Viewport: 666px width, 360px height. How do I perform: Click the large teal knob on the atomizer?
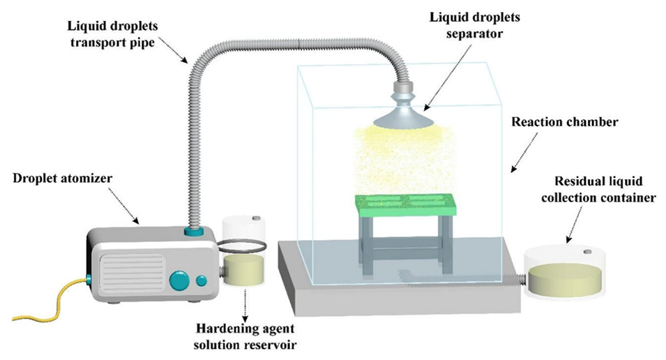tap(179, 280)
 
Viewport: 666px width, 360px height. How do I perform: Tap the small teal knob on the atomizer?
tap(202, 280)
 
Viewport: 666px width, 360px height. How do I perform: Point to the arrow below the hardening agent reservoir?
tap(244, 303)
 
